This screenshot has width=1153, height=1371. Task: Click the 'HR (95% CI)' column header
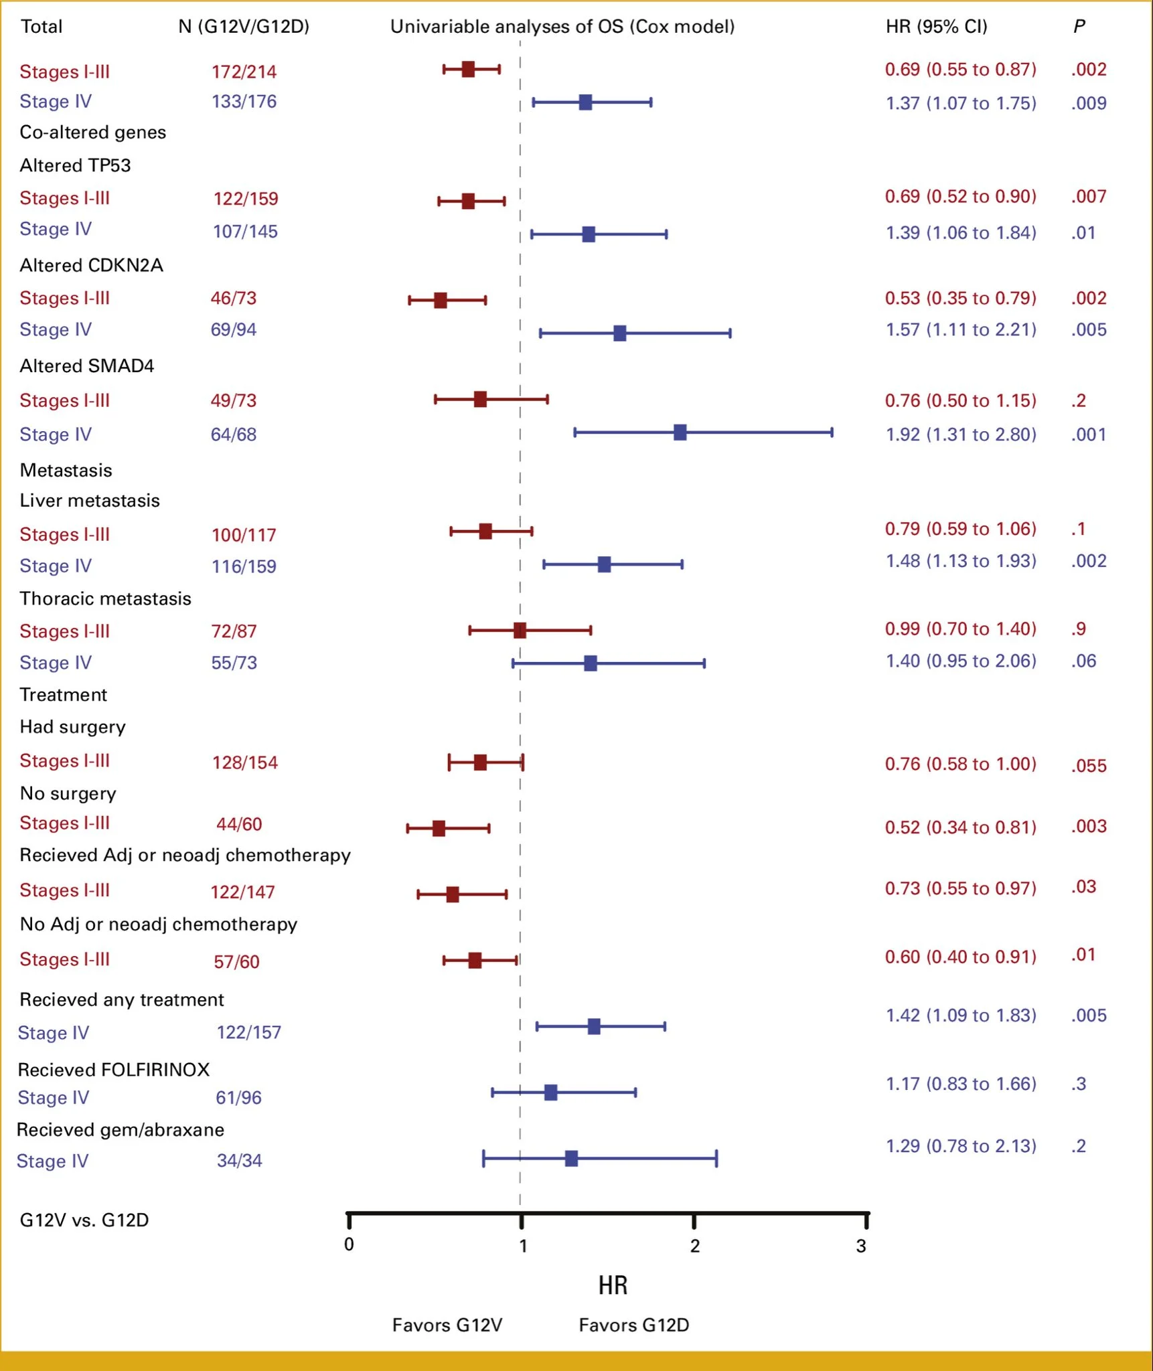(x=936, y=27)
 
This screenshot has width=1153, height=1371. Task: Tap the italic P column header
(x=1079, y=27)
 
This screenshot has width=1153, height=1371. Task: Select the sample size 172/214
(x=244, y=72)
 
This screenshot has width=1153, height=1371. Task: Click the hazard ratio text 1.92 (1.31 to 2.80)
(x=961, y=434)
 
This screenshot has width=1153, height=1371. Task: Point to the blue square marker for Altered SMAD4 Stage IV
(x=680, y=432)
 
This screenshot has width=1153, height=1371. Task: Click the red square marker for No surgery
(x=439, y=829)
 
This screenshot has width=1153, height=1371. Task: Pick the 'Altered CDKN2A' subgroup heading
(x=91, y=266)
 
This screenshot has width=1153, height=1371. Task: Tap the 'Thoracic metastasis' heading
(x=105, y=598)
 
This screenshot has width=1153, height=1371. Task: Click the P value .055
(x=1088, y=766)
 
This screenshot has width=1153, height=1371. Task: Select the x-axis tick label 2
(x=695, y=1246)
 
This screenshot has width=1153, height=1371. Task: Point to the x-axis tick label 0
(x=349, y=1244)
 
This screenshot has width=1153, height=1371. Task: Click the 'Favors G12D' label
(x=633, y=1325)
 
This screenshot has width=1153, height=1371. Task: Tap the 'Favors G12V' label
(x=447, y=1325)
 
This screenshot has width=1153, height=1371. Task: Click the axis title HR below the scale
(x=613, y=1285)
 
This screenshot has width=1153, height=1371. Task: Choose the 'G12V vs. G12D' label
(x=84, y=1220)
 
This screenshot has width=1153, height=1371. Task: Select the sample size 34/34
(x=239, y=1160)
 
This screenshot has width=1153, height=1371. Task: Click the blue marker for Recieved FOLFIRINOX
(x=550, y=1093)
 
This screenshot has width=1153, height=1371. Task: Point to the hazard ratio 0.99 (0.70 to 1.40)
(x=960, y=629)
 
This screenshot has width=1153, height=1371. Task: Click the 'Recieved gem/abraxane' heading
(x=121, y=1130)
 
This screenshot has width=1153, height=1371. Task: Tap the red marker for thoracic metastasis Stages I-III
(x=520, y=630)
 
